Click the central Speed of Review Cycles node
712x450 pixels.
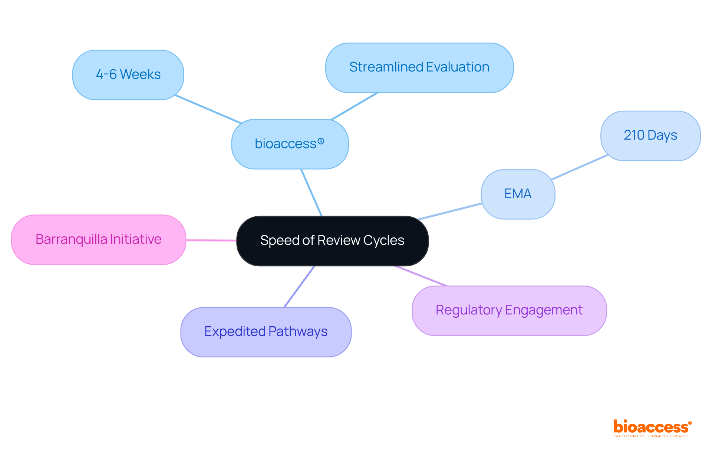pos(332,241)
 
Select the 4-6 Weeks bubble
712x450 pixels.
pos(128,75)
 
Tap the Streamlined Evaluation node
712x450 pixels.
pos(419,67)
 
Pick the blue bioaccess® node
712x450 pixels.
pos(290,144)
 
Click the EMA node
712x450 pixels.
pos(518,194)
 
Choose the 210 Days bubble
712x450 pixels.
pos(650,136)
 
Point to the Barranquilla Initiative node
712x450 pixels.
pos(98,239)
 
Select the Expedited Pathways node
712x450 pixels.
pos(266,331)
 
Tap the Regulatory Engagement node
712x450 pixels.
pos(509,310)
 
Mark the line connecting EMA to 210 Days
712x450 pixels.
pos(579,167)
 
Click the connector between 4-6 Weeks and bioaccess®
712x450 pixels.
pos(208,109)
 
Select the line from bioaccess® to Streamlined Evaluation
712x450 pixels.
pos(354,106)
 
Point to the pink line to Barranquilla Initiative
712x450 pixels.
pos(211,240)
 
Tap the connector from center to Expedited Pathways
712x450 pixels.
pos(299,286)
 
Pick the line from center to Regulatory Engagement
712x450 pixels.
pos(421,276)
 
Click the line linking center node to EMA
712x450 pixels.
pos(450,211)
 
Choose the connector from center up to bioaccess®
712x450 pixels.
pos(311,193)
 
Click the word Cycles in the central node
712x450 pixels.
pos(383,241)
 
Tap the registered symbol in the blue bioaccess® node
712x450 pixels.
pos(321,141)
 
